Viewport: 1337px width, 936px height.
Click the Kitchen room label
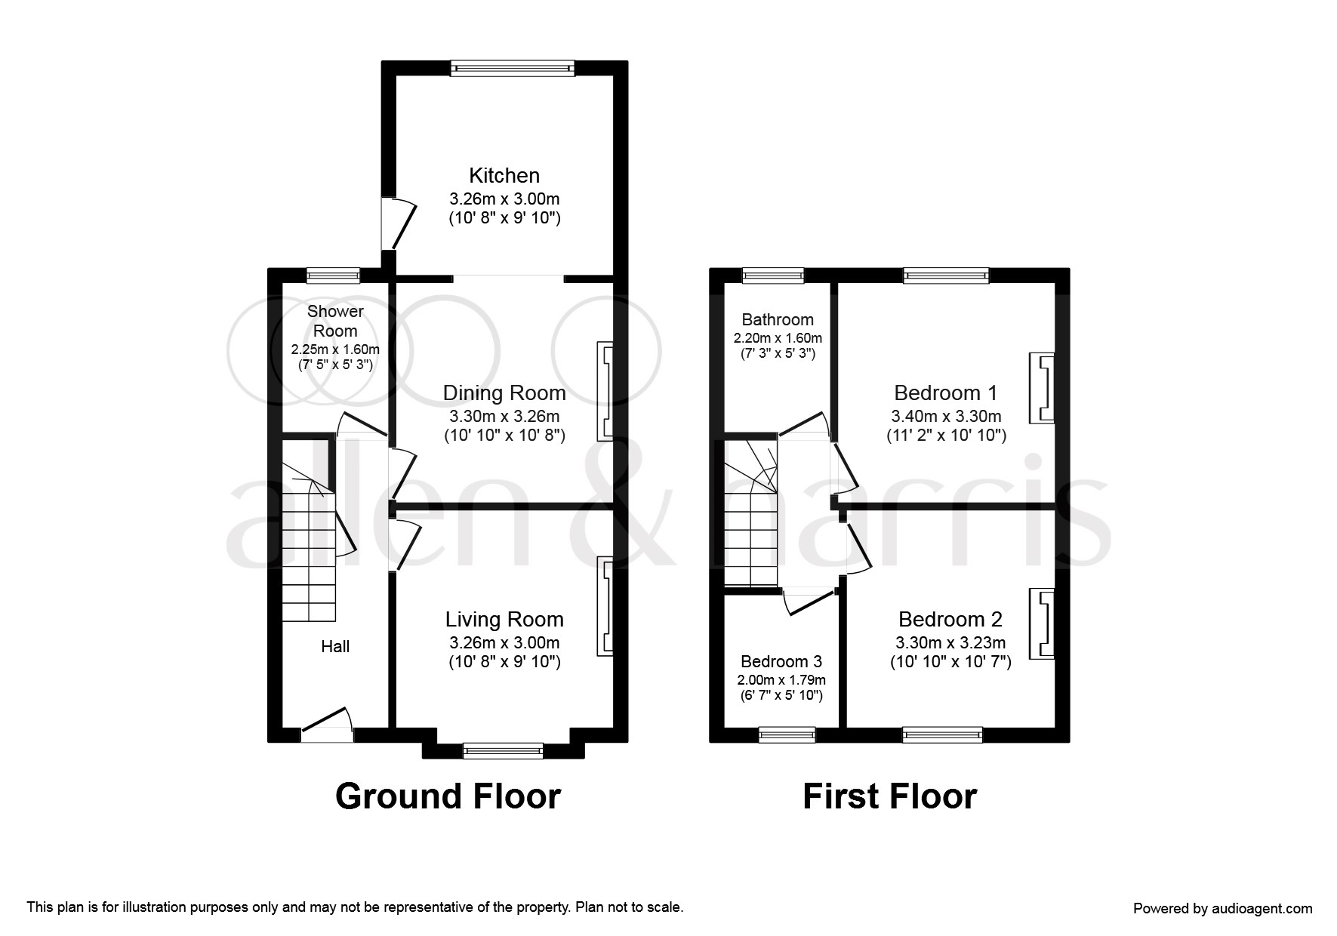point(504,176)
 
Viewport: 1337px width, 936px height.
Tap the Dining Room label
point(504,393)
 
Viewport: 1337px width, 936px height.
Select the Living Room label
point(504,620)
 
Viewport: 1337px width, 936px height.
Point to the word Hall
point(335,646)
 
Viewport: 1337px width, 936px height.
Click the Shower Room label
point(335,321)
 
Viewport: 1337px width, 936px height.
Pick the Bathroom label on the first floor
point(778,319)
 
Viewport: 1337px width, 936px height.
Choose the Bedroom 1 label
point(946,393)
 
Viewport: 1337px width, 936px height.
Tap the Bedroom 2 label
point(950,620)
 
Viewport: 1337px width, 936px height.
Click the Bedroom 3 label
point(781,662)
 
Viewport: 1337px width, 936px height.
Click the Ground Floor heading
point(448,796)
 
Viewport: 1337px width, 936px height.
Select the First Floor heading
point(889,796)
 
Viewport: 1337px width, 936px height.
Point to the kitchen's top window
point(513,68)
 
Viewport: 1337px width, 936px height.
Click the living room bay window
point(503,750)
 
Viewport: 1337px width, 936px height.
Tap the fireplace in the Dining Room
point(605,391)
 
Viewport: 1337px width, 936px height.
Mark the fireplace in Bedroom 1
point(1043,388)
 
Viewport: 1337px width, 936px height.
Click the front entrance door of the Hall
point(327,725)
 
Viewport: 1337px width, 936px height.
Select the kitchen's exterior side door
point(398,223)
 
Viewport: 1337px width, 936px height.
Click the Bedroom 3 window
point(787,734)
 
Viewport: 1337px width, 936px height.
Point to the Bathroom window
point(773,276)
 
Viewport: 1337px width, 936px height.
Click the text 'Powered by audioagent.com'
point(1223,909)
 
